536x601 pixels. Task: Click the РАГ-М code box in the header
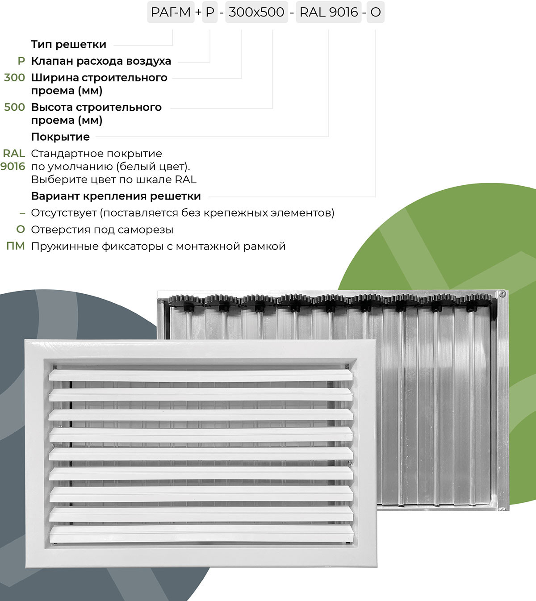click(171, 12)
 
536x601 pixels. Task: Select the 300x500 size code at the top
click(256, 12)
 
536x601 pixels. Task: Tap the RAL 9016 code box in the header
click(329, 12)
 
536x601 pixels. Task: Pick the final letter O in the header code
click(376, 12)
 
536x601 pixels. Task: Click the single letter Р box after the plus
click(210, 12)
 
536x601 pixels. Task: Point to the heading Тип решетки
click(68, 45)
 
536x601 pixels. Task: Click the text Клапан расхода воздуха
click(101, 61)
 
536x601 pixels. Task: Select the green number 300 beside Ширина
click(14, 77)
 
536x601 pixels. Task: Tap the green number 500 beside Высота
click(14, 107)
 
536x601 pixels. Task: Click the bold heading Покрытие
click(60, 137)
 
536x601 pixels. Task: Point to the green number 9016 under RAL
click(13, 167)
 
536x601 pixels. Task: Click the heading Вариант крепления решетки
click(116, 196)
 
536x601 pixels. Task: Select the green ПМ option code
click(16, 246)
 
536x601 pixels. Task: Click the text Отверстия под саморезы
click(102, 230)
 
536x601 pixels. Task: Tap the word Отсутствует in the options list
click(64, 213)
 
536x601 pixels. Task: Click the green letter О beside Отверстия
click(21, 230)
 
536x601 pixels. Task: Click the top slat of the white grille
click(201, 375)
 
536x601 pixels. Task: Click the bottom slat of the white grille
click(201, 534)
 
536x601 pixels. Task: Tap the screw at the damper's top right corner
click(502, 294)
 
